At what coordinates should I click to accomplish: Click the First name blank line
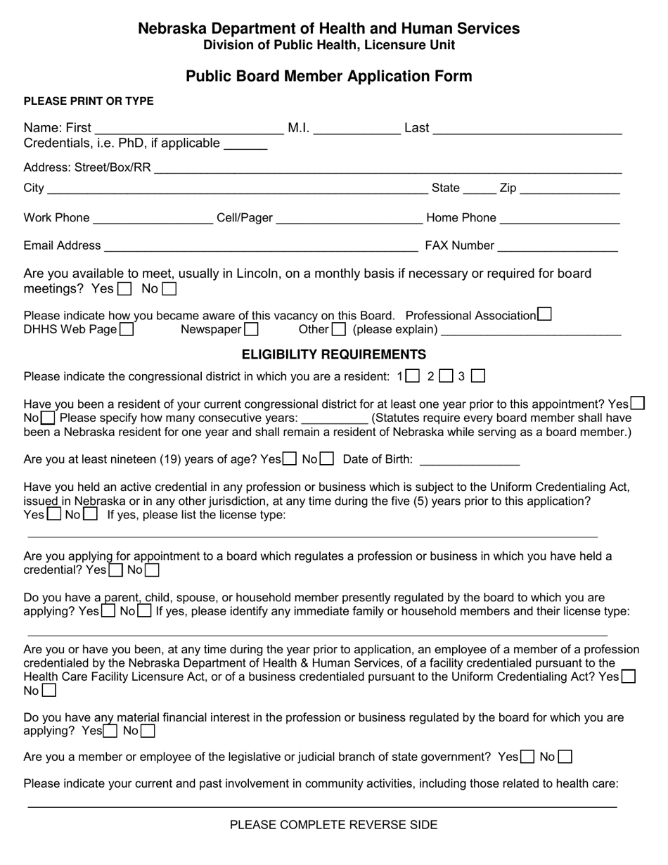coord(188,129)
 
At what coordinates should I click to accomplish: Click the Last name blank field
coord(527,129)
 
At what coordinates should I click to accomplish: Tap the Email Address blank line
coord(260,246)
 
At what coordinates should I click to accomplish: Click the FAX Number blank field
coord(557,246)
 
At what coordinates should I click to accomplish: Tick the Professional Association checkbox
coord(544,314)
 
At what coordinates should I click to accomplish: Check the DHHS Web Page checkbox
coord(127,329)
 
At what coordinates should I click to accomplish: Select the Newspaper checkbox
coord(251,329)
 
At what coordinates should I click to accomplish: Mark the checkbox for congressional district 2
coord(446,376)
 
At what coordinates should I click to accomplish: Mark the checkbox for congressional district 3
coord(478,376)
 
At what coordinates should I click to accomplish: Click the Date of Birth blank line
coord(469,460)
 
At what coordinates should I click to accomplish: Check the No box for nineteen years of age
coord(326,460)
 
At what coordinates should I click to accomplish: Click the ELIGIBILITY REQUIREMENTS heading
coord(334,354)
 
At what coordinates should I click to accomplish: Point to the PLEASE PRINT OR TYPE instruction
coord(89,101)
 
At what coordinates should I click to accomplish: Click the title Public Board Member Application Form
coord(329,76)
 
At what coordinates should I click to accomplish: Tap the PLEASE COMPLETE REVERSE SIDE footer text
coord(333,825)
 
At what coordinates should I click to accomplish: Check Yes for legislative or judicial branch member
coord(527,757)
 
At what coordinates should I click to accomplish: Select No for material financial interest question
coord(147,731)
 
